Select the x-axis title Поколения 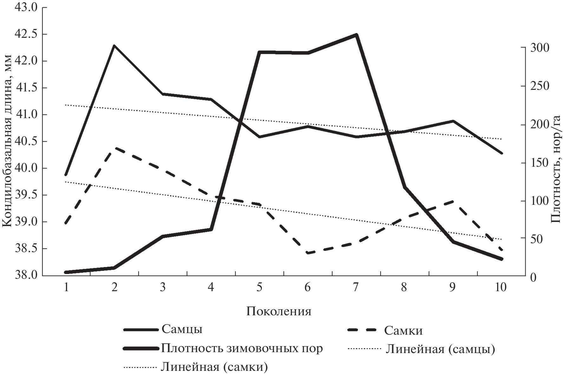[279, 311]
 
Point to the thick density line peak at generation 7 [356, 35]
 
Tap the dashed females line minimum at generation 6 [308, 253]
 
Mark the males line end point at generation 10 [502, 153]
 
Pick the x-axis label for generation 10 [500, 287]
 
